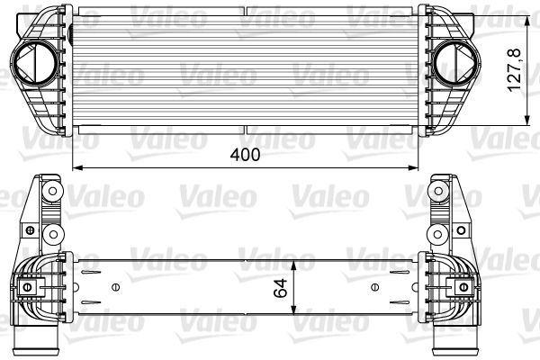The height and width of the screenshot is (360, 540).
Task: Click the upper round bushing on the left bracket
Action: (x=51, y=193)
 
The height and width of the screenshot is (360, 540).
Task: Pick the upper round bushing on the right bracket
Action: (x=441, y=193)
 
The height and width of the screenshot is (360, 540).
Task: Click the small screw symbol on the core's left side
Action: (x=114, y=288)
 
